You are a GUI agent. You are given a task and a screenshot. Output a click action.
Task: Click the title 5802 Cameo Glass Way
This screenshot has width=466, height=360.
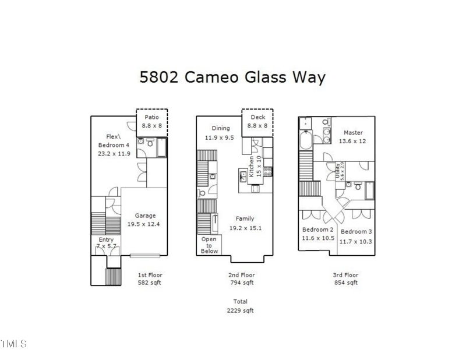[x=232, y=77]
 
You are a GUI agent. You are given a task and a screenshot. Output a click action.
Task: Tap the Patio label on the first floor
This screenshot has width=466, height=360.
[x=152, y=117]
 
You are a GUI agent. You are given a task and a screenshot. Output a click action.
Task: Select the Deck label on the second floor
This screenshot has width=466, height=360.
[x=257, y=117]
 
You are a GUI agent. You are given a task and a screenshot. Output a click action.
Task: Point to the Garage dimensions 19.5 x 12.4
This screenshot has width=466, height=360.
[x=143, y=224]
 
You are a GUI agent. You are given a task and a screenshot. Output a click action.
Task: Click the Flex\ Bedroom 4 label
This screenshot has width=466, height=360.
[x=114, y=140]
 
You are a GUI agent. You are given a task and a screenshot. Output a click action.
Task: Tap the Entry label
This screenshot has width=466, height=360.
[x=106, y=240]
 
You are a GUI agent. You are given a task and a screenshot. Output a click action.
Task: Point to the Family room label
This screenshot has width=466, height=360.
[x=245, y=219]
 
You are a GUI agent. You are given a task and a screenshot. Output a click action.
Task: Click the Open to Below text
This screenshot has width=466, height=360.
[x=209, y=245]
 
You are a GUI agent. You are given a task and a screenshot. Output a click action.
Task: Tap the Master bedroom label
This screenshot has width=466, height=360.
[x=354, y=132]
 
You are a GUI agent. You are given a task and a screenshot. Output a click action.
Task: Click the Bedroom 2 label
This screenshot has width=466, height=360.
[x=317, y=230]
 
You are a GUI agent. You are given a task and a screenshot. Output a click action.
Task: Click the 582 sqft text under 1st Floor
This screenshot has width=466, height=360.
[x=149, y=283]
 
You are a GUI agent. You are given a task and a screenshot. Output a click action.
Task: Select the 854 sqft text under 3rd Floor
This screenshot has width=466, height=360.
[x=346, y=283]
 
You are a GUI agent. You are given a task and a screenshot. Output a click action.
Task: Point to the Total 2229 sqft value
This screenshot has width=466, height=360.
[x=241, y=310]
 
